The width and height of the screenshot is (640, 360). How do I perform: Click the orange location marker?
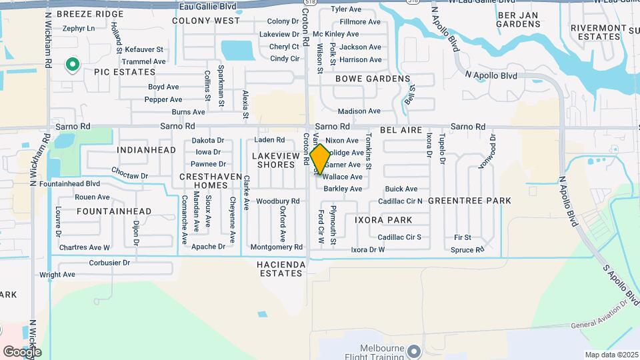click(x=320, y=159)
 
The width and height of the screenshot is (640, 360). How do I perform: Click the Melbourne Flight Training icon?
click(x=415, y=351)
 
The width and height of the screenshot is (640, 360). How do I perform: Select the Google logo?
click(x=22, y=351)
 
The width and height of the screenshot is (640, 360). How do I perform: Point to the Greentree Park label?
click(x=469, y=201)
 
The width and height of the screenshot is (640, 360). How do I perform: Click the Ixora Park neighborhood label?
click(x=383, y=219)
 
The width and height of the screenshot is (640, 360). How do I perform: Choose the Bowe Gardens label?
click(x=372, y=79)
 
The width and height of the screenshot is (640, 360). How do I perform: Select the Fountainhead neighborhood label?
click(x=114, y=211)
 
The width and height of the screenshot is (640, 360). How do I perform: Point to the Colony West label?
click(x=205, y=21)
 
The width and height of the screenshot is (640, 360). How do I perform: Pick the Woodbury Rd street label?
click(x=277, y=201)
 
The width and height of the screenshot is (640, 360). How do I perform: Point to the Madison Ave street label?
click(x=359, y=111)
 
